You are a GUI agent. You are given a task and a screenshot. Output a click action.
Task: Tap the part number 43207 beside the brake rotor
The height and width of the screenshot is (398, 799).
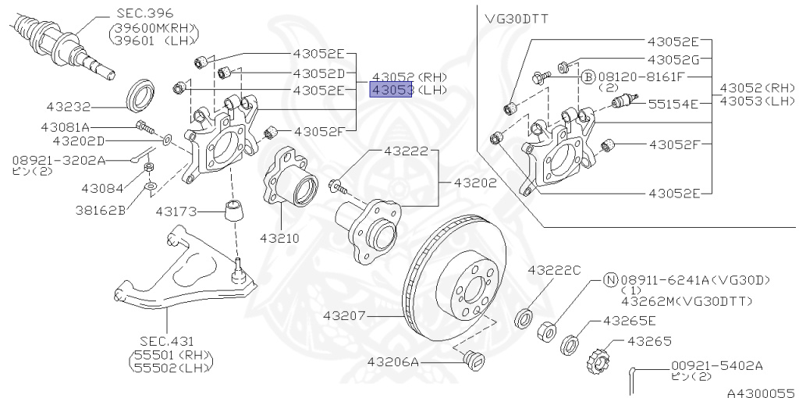346,316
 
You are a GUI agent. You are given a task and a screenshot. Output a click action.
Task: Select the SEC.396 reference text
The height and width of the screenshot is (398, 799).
145,13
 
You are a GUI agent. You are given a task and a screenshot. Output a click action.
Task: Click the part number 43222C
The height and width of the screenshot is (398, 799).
554,270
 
